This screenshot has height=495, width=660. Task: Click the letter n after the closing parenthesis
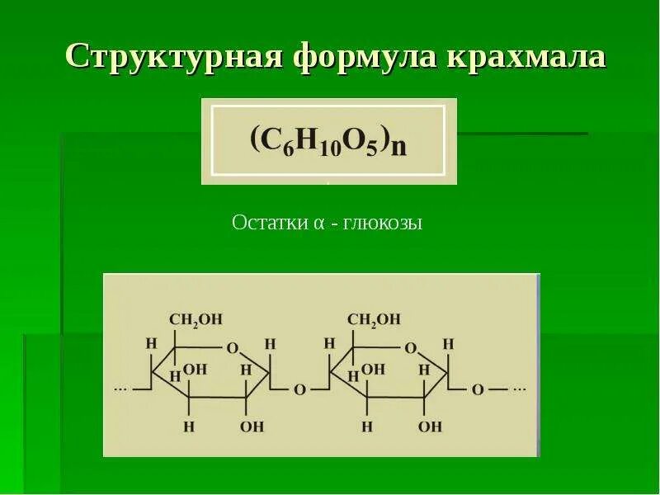[399, 146]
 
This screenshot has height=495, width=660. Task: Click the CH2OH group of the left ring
[196, 319]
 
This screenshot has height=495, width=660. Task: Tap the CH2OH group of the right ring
[374, 319]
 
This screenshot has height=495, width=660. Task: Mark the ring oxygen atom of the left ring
[232, 346]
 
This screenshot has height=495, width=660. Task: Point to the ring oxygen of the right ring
[410, 346]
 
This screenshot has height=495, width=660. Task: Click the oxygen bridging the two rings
[299, 389]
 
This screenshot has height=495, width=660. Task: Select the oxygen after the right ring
[477, 389]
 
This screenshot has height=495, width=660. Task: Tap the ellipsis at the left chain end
[120, 387]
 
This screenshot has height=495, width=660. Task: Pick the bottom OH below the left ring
[252, 427]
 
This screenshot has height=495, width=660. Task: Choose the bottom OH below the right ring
[429, 427]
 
